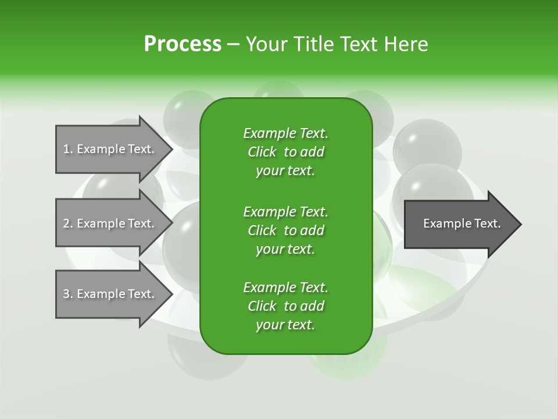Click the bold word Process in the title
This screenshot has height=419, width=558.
[x=183, y=44]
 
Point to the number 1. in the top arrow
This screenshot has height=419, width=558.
[x=68, y=149]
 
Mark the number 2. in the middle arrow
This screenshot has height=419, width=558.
[x=68, y=223]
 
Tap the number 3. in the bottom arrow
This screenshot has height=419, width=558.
[x=68, y=294]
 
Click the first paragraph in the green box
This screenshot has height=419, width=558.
[x=285, y=152]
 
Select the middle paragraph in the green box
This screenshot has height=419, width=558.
[x=285, y=230]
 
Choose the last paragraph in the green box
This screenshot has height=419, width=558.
[x=285, y=306]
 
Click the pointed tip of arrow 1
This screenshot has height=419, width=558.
[x=170, y=149]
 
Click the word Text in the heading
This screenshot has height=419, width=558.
[x=359, y=44]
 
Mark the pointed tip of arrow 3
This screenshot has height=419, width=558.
[x=170, y=294]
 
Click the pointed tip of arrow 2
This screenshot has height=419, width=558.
[x=170, y=223]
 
